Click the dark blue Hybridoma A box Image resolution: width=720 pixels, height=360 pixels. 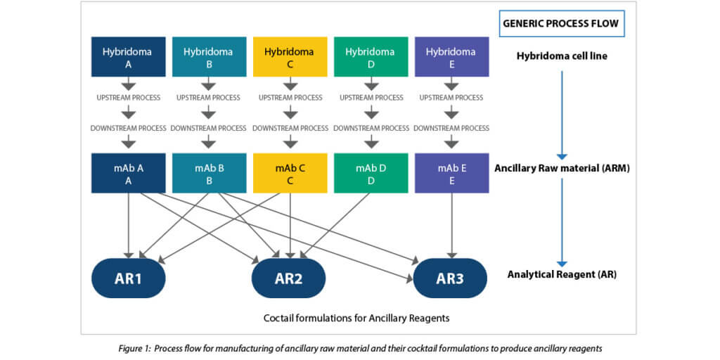tap(128, 57)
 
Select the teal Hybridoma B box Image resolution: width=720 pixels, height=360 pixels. tap(208, 57)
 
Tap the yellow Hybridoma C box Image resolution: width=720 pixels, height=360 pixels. tap(290, 57)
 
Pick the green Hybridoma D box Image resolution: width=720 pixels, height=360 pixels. tap(371, 57)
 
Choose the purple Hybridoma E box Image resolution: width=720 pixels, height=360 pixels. tap(451, 57)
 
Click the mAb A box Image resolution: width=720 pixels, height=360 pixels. tap(128, 173)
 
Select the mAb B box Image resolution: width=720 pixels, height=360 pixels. tap(208, 173)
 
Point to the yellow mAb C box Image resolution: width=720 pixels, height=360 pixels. tap(290, 173)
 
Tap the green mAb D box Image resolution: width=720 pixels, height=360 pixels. tap(371, 173)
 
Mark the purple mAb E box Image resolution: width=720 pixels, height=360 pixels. tap(451, 173)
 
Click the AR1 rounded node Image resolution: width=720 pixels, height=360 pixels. tap(128, 278)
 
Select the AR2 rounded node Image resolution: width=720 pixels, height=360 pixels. tap(288, 278)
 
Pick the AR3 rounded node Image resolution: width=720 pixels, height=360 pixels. tap(450, 278)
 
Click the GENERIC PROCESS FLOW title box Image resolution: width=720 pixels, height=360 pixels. tap(561, 23)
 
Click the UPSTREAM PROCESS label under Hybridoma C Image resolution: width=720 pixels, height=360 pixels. tap(290, 97)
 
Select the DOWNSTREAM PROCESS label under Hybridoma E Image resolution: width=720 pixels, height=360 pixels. tap(451, 128)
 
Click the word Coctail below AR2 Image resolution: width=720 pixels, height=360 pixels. tap(280, 318)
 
